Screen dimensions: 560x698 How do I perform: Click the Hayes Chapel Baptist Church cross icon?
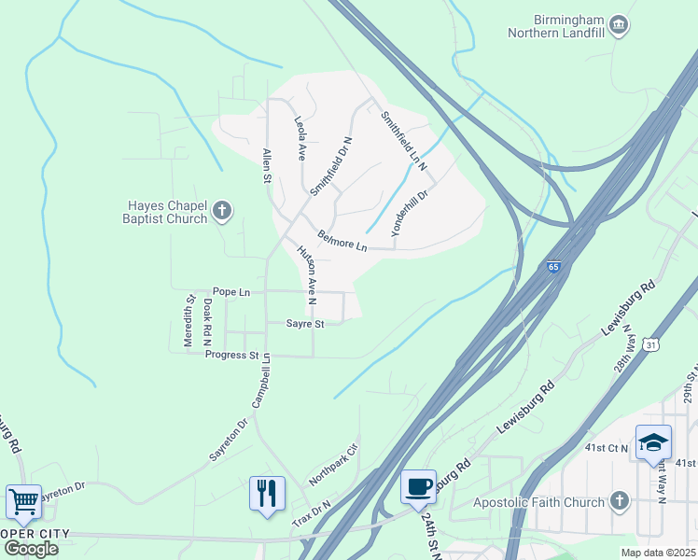click(222, 210)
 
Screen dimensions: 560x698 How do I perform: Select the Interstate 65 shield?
click(554, 267)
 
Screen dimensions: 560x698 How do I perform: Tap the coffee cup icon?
click(418, 485)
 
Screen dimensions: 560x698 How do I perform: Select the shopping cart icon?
click(22, 501)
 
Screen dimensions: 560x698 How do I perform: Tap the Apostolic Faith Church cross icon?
click(619, 501)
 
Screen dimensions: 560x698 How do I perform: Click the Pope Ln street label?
click(231, 292)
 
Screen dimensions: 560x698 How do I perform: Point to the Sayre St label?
click(305, 324)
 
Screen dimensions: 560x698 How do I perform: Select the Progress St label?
click(231, 355)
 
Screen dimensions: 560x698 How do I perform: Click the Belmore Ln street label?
click(342, 241)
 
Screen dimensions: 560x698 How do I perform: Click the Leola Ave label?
click(300, 138)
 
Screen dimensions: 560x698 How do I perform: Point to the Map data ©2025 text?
click(657, 553)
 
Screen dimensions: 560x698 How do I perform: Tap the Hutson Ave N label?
click(307, 275)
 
